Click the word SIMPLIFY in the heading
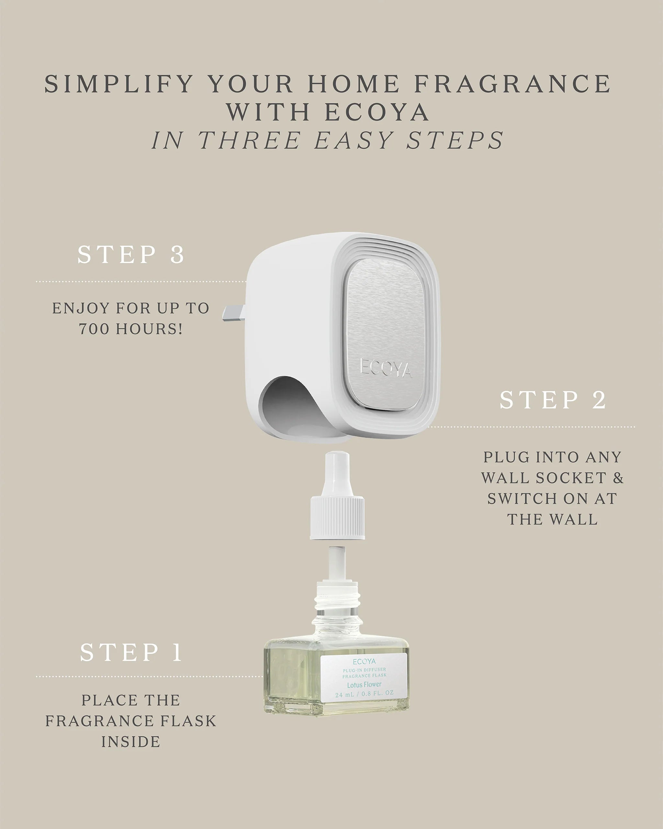point(118,84)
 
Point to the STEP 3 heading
point(131,254)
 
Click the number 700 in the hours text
point(94,329)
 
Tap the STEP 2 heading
point(552,400)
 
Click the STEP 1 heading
point(131,653)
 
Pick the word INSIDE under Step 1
point(131,742)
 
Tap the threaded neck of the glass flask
point(337,600)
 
